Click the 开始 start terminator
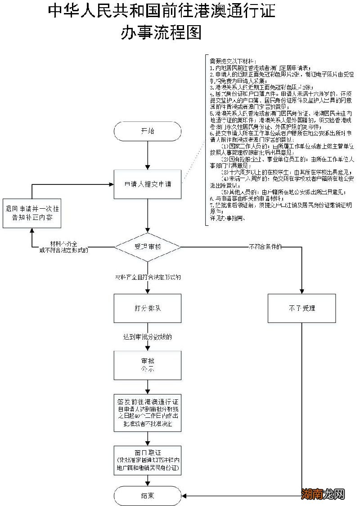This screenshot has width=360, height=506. point(148,131)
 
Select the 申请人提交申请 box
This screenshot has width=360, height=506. point(148,184)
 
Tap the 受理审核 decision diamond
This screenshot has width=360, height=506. point(148,247)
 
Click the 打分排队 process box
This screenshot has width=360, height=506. point(148,309)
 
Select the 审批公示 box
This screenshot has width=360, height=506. point(148,365)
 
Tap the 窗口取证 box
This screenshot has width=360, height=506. point(148,460)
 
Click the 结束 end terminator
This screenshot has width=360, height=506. point(148,496)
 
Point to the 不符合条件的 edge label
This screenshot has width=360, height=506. point(265,246)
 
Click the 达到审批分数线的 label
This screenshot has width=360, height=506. point(148,337)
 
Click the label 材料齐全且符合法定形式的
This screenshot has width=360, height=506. point(148,277)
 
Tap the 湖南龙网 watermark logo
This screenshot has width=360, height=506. point(323,494)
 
